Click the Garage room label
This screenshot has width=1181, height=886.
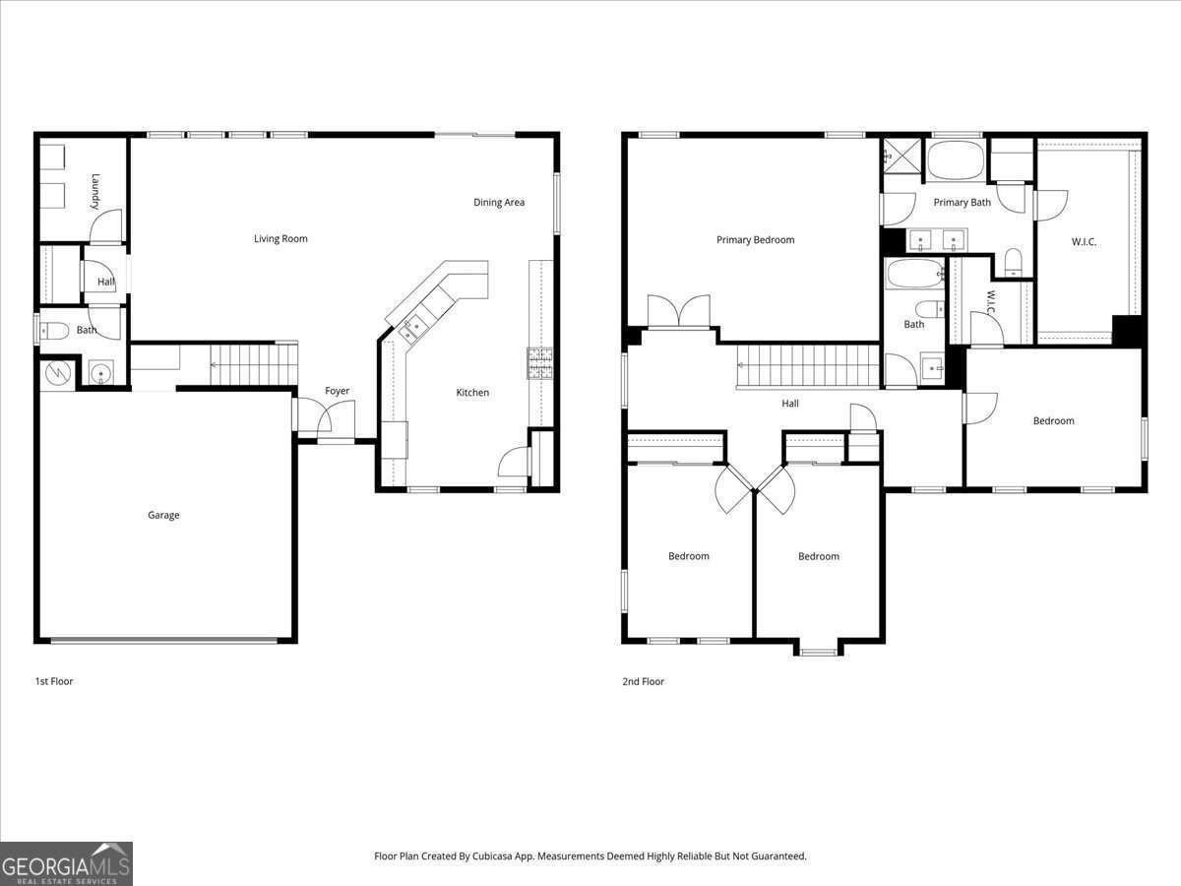[x=163, y=515]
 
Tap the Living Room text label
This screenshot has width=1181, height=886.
[x=280, y=238]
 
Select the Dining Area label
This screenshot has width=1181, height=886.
[x=499, y=202]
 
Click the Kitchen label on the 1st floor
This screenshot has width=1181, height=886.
[x=472, y=393]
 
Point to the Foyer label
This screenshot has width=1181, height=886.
[x=338, y=391]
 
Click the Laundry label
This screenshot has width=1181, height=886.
[x=95, y=192]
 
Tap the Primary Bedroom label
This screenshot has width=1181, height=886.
[x=755, y=239]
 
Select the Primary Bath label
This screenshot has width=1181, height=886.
[x=962, y=202]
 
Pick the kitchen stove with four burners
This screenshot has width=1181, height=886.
[x=539, y=364]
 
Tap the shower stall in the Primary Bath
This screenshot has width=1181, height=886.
[x=900, y=156]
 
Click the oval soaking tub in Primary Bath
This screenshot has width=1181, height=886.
[x=956, y=160]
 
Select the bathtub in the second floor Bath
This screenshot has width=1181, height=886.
[x=914, y=274]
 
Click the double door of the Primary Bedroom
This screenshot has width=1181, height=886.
[x=679, y=312]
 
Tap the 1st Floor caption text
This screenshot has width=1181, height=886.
[x=53, y=681]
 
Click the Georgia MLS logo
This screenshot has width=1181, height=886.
[x=66, y=863]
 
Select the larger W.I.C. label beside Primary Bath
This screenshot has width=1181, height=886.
[x=1084, y=241]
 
